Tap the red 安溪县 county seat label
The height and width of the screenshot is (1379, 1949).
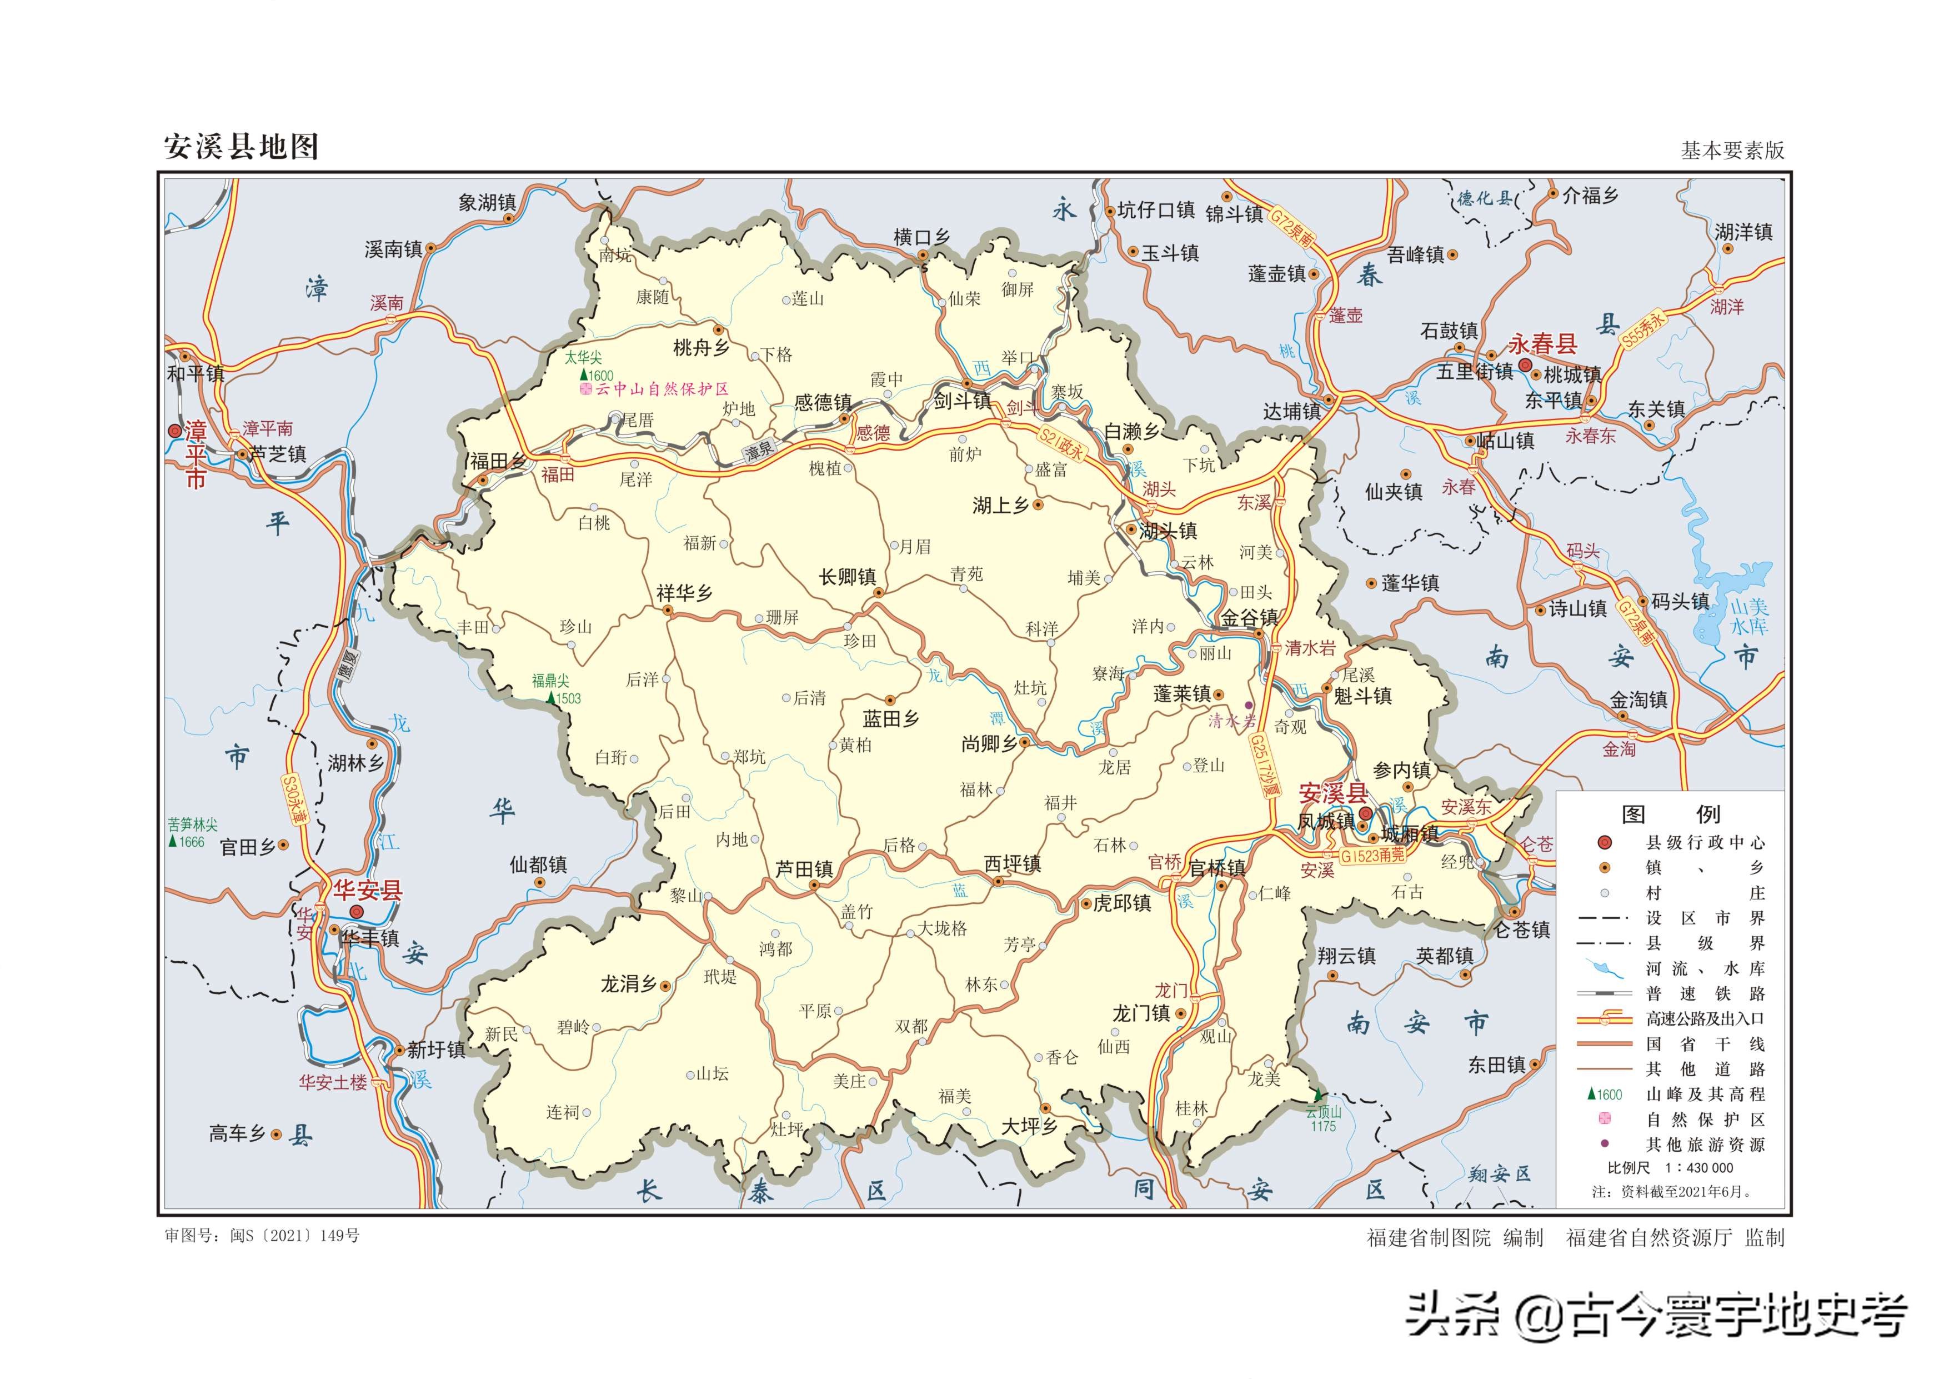tap(1332, 793)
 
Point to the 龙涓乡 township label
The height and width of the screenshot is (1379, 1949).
tap(628, 984)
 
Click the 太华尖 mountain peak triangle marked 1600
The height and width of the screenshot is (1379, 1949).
tap(583, 374)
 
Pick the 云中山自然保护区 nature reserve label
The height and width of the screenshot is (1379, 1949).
tap(662, 389)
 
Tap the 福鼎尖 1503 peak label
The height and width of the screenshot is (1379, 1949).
tap(557, 689)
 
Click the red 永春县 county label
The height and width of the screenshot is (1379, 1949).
tap(1542, 344)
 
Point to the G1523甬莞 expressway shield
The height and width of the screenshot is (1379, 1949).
tap(1372, 856)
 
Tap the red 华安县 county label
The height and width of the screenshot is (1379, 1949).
tap(367, 890)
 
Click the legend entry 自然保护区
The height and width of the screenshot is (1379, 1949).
tap(1705, 1119)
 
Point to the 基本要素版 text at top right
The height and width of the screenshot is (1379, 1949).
tap(1732, 151)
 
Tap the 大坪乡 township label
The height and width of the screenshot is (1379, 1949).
tap(1028, 1126)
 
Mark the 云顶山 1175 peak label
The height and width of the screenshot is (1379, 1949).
tap(1322, 1119)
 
